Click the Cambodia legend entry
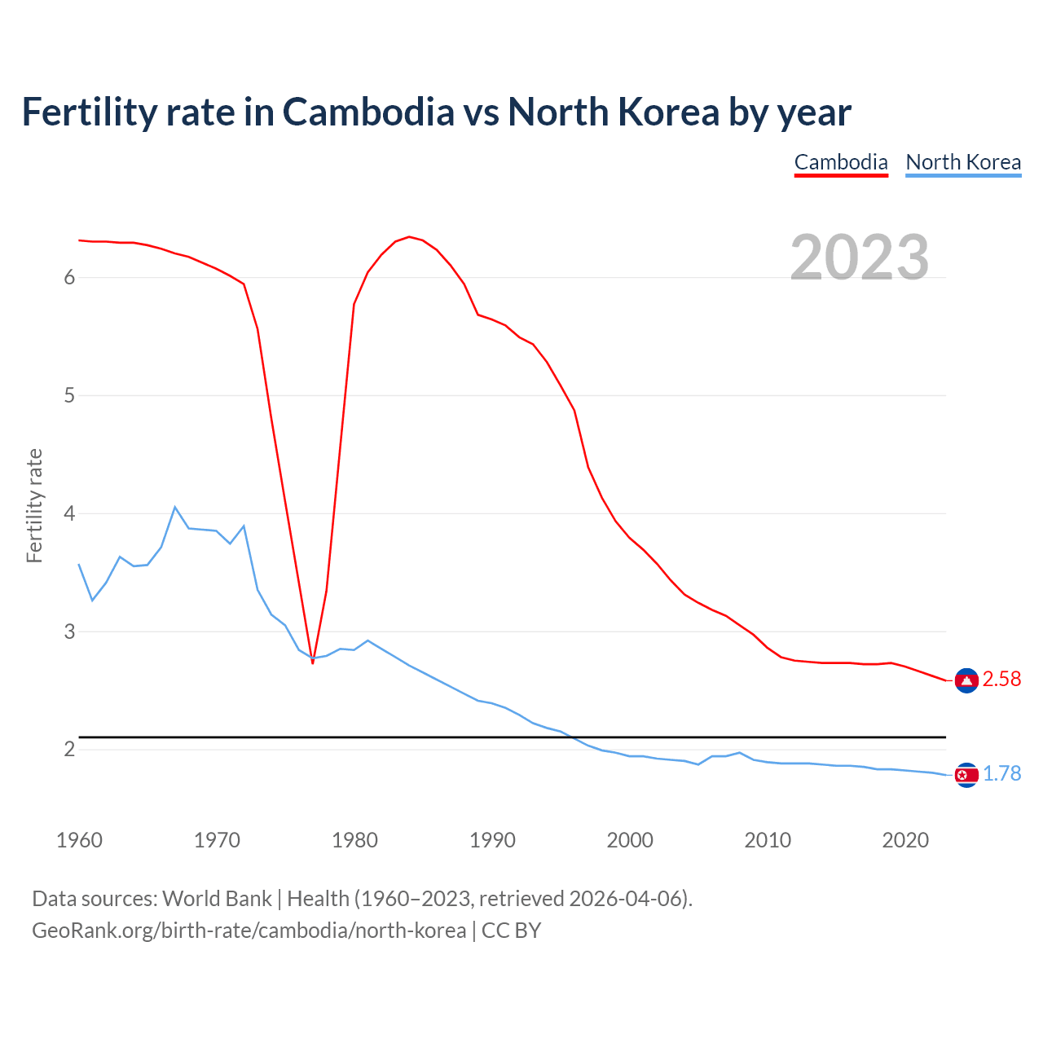pos(841,162)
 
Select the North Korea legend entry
pos(963,162)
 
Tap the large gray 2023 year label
pos(860,257)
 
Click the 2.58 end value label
pos(1001,680)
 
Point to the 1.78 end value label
pos(1001,774)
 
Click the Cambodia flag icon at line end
pos(966,680)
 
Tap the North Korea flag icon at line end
pos(966,775)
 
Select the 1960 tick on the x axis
pos(79,840)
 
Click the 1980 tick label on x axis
pos(354,840)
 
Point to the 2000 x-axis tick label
pos(630,840)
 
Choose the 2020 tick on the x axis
pos(905,840)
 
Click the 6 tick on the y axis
pos(69,278)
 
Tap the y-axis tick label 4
pos(69,514)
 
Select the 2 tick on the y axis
pos(69,750)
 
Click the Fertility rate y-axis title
pos(34,505)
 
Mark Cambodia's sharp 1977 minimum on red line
pos(313,662)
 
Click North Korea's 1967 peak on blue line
pos(175,507)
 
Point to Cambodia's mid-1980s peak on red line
pos(409,237)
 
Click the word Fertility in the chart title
pos(87,112)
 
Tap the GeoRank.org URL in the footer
pos(249,931)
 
